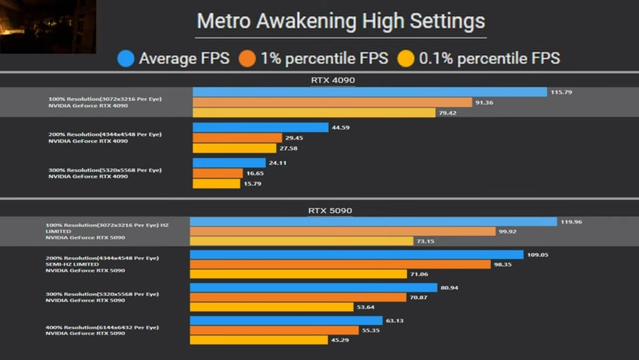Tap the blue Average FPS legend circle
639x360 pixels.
coord(126,59)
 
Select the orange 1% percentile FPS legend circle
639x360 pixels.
coord(247,59)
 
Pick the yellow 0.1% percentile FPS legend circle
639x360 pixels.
coord(406,59)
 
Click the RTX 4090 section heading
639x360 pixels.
coord(332,81)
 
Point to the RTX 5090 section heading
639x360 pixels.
coord(330,210)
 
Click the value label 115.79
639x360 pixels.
coord(560,92)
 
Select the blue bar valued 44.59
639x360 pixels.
coord(260,128)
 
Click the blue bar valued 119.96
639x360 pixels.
coord(373,222)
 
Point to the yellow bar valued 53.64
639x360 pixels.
coord(272,307)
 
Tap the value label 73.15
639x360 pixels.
coord(426,241)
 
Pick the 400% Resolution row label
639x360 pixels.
coord(102,327)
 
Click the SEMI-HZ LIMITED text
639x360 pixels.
coord(72,264)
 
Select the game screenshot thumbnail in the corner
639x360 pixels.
coord(48,27)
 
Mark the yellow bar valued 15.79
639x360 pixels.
coord(216,184)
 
